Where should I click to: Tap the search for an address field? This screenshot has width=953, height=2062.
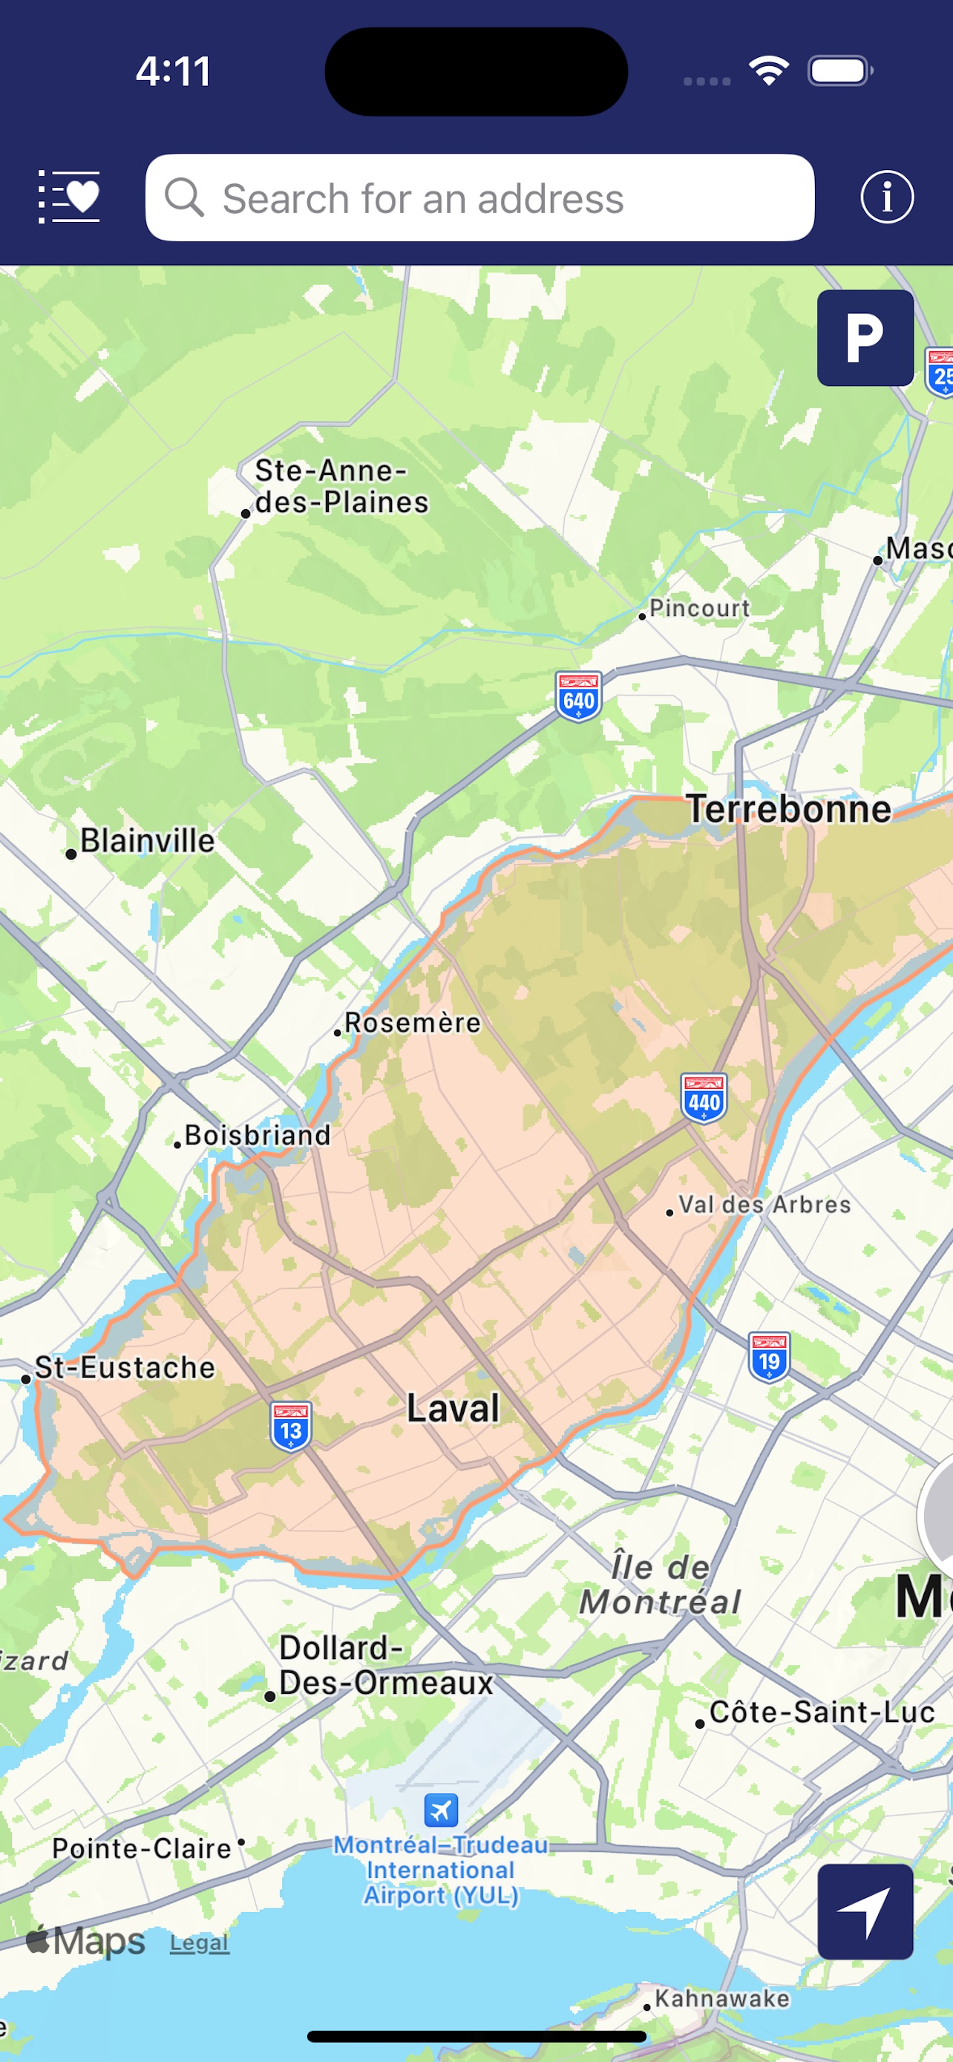point(479,197)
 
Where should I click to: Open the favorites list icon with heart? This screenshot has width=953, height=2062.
point(70,197)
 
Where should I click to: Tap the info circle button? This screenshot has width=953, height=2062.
point(887,197)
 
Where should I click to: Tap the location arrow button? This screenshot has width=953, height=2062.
point(865,1911)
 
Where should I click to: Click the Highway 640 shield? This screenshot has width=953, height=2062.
point(578,696)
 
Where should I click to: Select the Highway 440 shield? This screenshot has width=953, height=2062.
point(704,1099)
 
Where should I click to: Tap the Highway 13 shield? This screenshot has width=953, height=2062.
point(291,1427)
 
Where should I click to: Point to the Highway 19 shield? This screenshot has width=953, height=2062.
point(769,1357)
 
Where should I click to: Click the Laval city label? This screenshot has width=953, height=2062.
point(453,1407)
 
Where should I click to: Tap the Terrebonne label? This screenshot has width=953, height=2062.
point(789,808)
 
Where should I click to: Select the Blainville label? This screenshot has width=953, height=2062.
point(147,840)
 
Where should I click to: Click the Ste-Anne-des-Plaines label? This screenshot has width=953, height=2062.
point(341,486)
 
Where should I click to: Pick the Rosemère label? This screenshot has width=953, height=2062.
point(412,1022)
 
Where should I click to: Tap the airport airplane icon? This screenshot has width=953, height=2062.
point(441,1809)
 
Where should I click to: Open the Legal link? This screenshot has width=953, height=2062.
point(199,1942)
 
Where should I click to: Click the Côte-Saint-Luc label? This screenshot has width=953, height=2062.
point(822,1712)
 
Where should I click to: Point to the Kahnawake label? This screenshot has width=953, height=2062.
point(721,1998)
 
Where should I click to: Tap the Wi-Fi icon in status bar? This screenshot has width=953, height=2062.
point(769,71)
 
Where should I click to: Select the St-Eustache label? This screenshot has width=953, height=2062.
point(125,1367)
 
